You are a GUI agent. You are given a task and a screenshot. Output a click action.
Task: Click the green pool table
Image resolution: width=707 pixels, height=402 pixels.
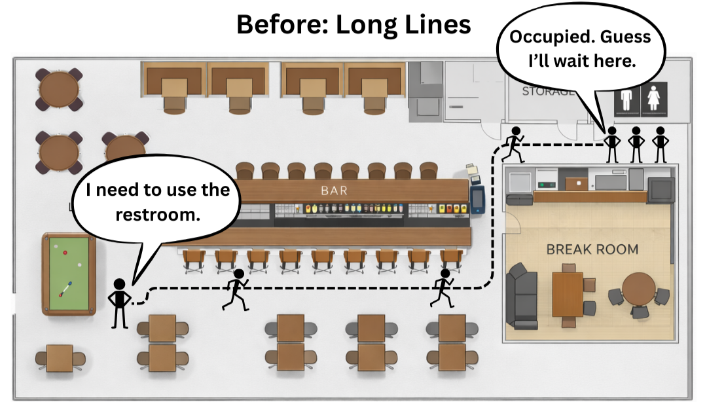coord(69,274)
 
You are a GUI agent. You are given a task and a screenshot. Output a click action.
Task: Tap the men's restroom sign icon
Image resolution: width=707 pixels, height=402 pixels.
coord(627,100)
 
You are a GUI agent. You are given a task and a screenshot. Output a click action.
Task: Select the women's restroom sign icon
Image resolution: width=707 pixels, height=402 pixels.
coord(653,100)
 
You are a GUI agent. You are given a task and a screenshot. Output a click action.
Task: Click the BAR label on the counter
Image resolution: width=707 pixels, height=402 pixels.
coord(334,191)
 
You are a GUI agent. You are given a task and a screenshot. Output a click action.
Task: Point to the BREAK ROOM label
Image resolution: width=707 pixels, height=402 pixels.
coord(592,249)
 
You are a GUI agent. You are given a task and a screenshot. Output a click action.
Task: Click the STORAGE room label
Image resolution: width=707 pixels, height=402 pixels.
coord(547,92)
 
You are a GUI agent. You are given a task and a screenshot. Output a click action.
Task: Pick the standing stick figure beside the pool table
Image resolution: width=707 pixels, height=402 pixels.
coord(119,302)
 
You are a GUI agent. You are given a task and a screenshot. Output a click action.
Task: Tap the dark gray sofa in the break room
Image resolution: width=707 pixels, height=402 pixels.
coord(522,295)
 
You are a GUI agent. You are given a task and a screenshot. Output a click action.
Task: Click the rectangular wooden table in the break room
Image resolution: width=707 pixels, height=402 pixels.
coord(567,293)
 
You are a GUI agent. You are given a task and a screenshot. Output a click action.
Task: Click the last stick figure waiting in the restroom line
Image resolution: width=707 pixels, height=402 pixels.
coord(659,144)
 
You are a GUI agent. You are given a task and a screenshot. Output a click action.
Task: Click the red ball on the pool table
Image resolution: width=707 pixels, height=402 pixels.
coord(65,253)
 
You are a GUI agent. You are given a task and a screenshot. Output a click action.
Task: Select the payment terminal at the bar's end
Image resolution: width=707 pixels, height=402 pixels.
coord(477,200)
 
